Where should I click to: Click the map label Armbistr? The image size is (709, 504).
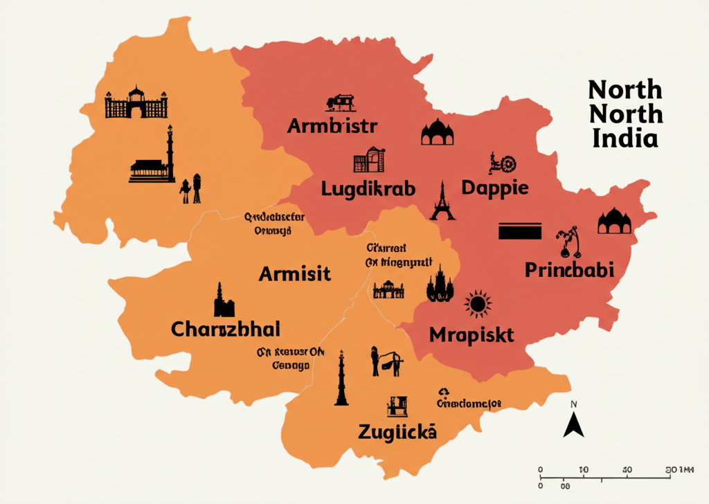pos(332,127)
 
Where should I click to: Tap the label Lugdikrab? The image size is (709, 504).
pos(368,188)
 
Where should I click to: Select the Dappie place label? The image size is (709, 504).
pos(495,188)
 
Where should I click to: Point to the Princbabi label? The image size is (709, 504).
pos(569,269)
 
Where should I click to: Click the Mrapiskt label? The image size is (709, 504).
pos(472,335)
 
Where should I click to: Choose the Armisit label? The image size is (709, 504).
pos(294,273)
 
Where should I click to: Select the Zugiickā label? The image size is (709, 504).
pos(397,432)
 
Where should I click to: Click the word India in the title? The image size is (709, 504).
pos(625,138)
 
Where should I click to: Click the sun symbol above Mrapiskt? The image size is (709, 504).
pos(478,303)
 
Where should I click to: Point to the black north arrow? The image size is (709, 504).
pos(573,424)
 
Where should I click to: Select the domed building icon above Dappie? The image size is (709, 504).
pos(437,132)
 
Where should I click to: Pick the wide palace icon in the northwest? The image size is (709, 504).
pos(136,103)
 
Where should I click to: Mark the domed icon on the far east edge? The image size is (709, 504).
pos(615,221)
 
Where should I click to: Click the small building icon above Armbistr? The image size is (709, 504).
pos(340,103)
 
